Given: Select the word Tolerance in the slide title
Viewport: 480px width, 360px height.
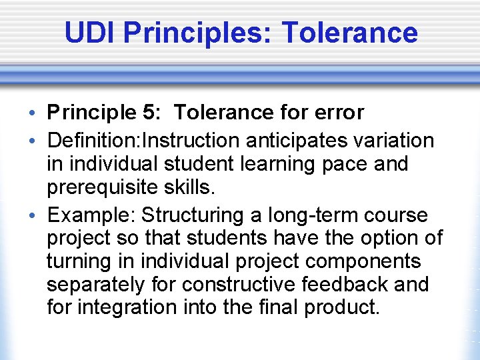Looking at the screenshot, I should tap(350, 32).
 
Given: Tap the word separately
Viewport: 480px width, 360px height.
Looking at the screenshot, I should tap(95, 285).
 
